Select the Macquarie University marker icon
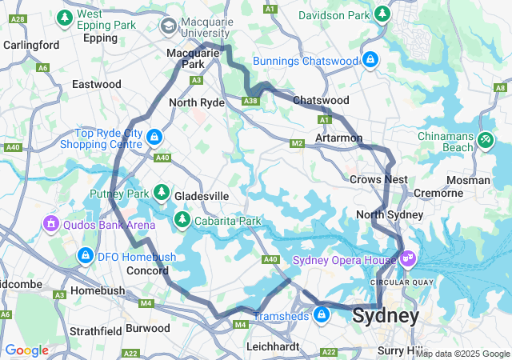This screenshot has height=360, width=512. pos(169,27)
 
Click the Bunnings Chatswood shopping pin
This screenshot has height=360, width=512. pos(370,61)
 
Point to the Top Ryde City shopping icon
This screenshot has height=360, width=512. pos(153,138)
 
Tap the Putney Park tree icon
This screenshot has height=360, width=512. pos(162,194)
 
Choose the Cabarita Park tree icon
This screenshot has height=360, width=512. pos(182,219)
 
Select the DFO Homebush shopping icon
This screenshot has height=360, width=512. pos(85,255)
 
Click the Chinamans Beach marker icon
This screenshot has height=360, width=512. pos(485,140)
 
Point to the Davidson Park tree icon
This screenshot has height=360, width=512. pos(383,14)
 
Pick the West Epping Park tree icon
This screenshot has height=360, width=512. pos(63,17)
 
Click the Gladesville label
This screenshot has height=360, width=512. pos(202,196)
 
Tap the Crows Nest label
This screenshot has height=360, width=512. pos(378,180)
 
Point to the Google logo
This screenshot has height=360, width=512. pos(26,350)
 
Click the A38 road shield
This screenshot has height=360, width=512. pos(250,101)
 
